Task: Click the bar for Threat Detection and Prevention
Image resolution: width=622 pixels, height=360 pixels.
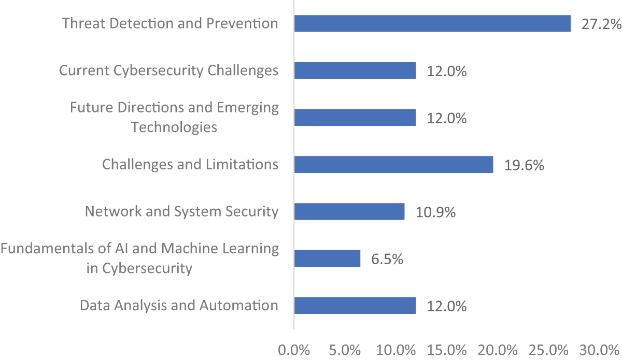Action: pyautogui.click(x=432, y=24)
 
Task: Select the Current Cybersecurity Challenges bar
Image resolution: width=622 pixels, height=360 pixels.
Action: pyautogui.click(x=355, y=70)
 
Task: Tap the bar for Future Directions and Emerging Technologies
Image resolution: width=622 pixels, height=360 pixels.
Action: pyautogui.click(x=355, y=118)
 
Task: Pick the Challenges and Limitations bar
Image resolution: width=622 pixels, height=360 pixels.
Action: pyautogui.click(x=393, y=165)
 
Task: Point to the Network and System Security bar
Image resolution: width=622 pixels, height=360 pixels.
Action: pyautogui.click(x=349, y=211)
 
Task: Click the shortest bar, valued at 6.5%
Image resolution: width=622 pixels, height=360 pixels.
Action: pyautogui.click(x=327, y=258)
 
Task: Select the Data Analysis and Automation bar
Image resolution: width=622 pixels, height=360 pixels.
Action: pyautogui.click(x=355, y=306)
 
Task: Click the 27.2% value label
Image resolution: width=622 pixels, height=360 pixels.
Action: pyautogui.click(x=601, y=24)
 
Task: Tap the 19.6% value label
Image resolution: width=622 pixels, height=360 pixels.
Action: pyautogui.click(x=524, y=165)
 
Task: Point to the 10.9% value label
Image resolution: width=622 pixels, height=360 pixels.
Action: pyautogui.click(x=435, y=212)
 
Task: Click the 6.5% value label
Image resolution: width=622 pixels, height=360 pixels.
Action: pyautogui.click(x=387, y=259)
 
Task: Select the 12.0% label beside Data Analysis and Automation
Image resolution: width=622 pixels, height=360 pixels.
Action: pyautogui.click(x=447, y=306)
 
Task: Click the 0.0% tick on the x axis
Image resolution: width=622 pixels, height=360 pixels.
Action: pyautogui.click(x=294, y=350)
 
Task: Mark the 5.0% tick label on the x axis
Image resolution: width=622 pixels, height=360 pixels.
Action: pyautogui.click(x=345, y=350)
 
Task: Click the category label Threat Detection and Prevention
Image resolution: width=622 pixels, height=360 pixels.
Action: pyautogui.click(x=170, y=23)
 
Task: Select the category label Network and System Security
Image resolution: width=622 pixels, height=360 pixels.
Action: pyautogui.click(x=181, y=211)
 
